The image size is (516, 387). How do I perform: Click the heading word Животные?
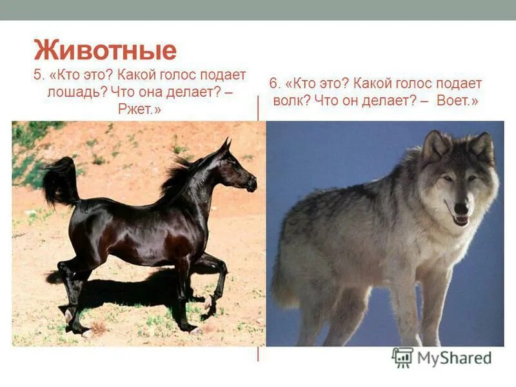104,51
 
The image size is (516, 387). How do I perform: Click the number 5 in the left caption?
37,74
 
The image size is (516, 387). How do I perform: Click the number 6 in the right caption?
273,84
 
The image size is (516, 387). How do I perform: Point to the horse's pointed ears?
225,145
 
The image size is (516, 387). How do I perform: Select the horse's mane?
177,177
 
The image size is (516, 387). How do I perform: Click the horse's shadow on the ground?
129,297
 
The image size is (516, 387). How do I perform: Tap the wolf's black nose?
461,208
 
